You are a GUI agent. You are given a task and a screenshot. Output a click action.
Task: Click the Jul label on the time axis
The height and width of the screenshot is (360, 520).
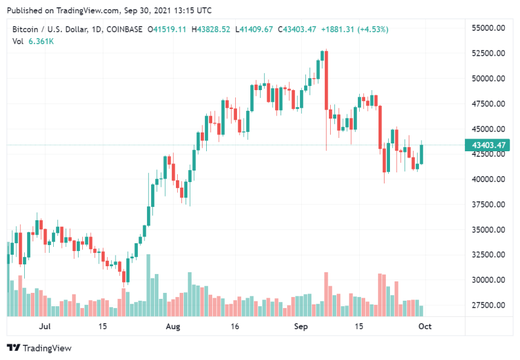click(44, 327)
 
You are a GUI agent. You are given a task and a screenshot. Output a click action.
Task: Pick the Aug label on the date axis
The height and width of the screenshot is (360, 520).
click(173, 327)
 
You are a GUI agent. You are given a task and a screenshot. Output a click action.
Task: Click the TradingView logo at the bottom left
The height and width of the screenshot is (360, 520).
click(39, 348)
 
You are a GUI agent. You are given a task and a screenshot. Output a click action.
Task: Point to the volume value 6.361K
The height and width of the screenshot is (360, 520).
click(41, 41)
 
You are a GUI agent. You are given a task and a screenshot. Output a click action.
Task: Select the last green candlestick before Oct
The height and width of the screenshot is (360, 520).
click(421, 154)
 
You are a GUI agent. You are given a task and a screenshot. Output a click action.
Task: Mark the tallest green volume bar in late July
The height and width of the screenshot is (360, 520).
click(149, 285)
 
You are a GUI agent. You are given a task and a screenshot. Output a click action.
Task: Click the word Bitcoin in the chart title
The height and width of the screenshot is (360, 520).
click(25, 29)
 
